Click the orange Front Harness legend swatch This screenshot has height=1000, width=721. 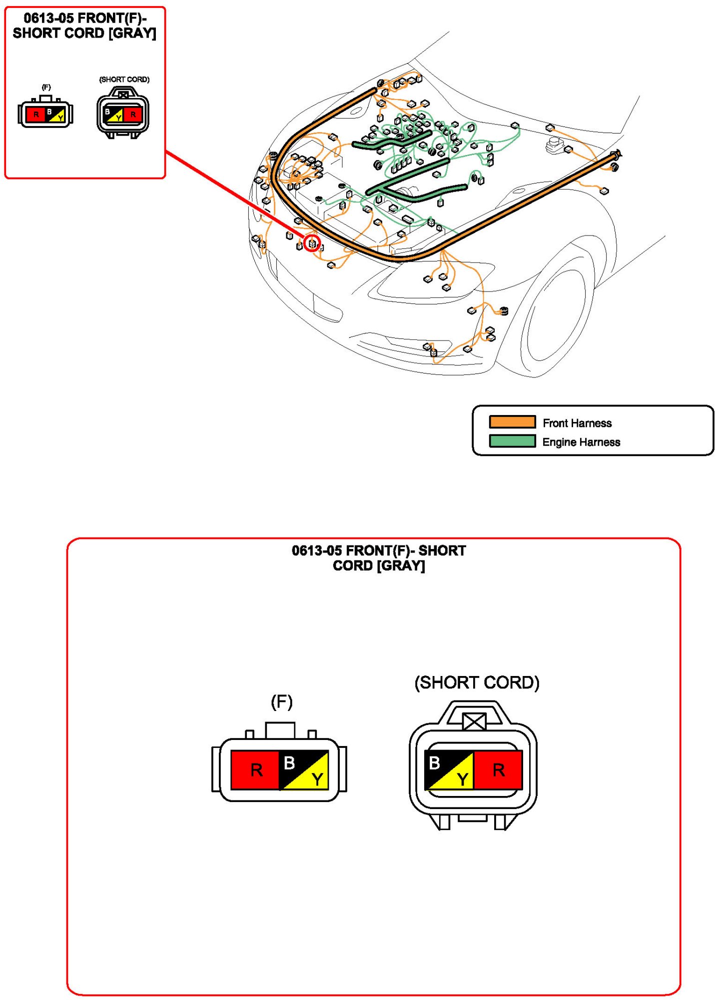512,422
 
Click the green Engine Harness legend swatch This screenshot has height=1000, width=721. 512,441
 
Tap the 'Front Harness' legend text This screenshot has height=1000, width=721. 577,423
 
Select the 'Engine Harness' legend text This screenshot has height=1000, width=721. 581,442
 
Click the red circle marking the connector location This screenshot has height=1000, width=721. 312,243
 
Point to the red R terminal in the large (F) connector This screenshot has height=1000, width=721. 255,769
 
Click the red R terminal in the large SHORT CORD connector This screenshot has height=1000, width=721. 498,769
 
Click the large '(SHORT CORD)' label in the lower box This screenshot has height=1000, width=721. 477,682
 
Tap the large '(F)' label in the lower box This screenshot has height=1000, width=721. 281,702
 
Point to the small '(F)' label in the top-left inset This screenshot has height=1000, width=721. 46,87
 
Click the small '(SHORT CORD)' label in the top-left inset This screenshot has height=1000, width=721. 124,79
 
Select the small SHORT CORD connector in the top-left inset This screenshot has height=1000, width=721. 123,113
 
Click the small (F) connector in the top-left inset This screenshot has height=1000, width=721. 45,113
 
